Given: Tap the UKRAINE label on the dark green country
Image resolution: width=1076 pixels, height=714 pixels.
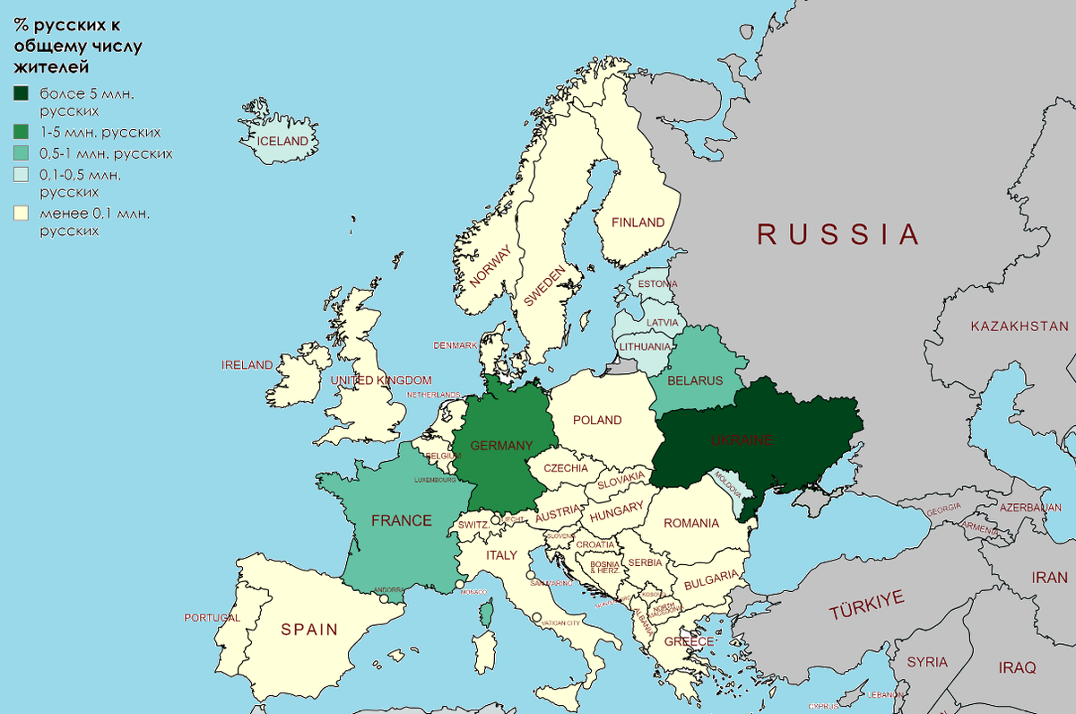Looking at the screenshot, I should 740,440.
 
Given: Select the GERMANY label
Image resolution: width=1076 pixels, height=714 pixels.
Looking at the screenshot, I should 501,446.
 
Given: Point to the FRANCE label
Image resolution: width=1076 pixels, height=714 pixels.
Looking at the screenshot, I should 402,520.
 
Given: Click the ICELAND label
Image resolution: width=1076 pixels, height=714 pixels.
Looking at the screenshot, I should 282,142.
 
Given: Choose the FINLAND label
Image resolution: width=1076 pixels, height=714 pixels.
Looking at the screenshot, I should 638,222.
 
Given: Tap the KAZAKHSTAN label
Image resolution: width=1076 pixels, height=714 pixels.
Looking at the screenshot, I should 1020,327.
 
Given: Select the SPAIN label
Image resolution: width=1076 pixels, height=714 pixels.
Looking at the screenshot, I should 309,630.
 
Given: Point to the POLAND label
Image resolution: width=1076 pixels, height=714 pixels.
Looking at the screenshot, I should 597,420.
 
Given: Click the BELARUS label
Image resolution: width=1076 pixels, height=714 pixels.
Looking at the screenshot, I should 695,380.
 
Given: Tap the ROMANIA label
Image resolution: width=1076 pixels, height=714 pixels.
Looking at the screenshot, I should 691,523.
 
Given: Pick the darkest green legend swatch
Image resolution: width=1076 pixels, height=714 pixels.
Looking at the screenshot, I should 22,93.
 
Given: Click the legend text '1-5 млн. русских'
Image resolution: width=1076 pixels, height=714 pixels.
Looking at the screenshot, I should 100,132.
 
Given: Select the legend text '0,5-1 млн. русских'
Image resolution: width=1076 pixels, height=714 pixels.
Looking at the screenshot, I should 106,153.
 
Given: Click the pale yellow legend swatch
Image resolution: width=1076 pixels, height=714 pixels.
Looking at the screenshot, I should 22,213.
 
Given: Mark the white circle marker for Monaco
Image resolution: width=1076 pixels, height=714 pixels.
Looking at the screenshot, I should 460,585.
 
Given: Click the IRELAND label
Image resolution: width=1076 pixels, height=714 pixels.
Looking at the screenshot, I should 247,365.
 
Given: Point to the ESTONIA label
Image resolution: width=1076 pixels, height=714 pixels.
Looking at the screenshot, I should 657,284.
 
